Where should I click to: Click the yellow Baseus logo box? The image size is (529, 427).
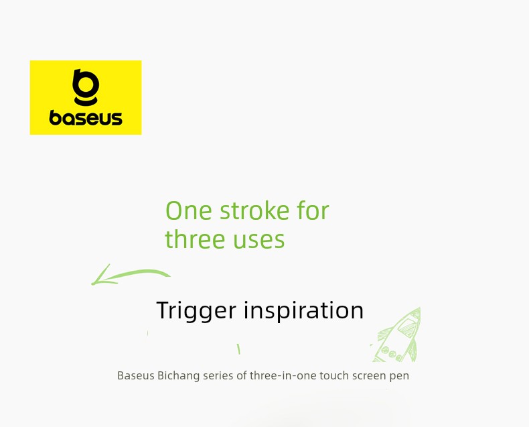86,97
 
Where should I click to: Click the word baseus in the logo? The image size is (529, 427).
86,117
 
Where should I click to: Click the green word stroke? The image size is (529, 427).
254,210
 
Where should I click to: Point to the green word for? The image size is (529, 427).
313,210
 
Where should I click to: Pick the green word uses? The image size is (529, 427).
258,240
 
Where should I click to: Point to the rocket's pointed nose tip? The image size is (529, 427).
420,308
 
